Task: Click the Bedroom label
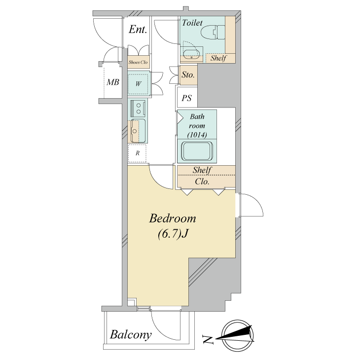173,218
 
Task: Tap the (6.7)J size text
173,234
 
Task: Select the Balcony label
131,335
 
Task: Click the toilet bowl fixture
213,32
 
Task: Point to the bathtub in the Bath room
197,151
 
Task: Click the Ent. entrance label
138,30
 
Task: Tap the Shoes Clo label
138,62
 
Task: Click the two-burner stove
138,108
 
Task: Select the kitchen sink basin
138,131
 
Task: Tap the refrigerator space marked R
137,153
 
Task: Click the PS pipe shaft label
186,98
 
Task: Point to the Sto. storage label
188,74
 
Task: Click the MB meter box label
113,82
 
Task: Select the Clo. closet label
202,181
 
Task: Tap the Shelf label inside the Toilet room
218,58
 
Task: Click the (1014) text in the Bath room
197,135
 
